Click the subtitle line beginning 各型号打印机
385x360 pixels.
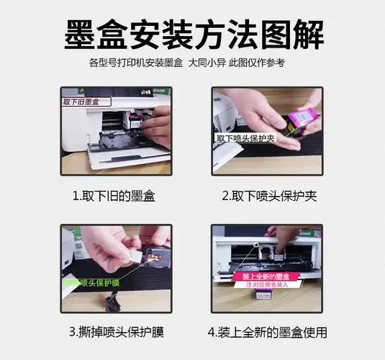coord(192,63)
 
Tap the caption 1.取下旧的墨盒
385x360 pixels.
coord(114,195)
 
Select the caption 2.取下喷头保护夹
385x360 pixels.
coord(269,195)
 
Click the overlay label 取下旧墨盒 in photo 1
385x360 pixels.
coord(80,102)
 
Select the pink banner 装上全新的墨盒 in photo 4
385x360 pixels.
coord(266,276)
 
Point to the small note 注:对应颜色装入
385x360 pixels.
coord(266,285)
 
